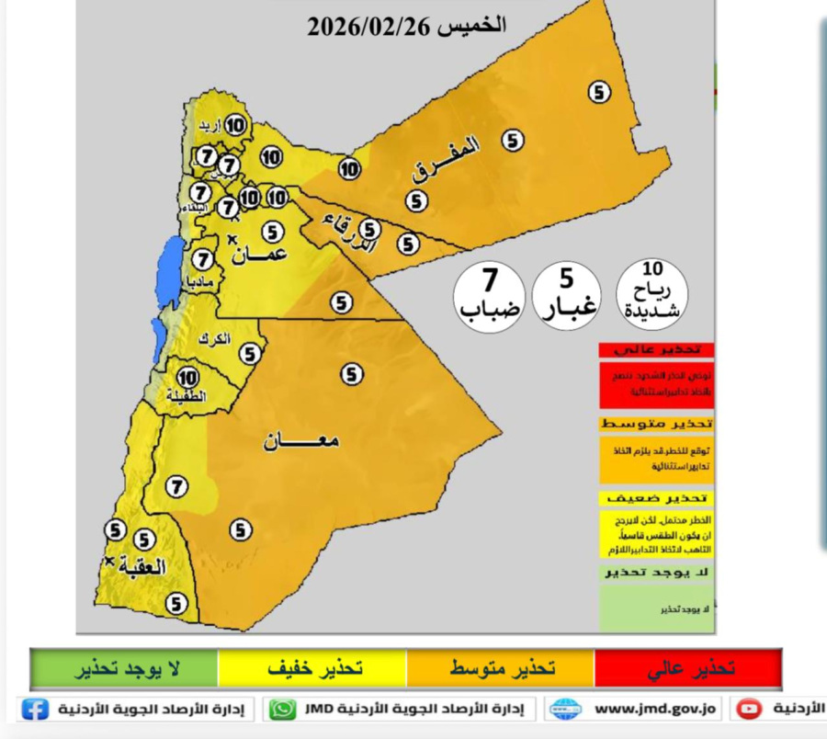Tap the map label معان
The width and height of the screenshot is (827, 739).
click(300, 441)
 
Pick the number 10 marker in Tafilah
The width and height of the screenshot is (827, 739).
click(188, 377)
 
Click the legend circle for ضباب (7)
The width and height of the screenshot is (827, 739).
click(490, 292)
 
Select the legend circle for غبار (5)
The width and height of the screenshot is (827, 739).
click(567, 292)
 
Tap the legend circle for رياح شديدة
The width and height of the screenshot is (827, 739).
click(652, 292)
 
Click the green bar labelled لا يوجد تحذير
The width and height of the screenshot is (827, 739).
click(124, 668)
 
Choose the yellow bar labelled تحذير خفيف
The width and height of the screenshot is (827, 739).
click(312, 668)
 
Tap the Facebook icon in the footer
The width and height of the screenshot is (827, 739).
click(35, 710)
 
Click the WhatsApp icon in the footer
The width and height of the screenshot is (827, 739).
click(284, 710)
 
